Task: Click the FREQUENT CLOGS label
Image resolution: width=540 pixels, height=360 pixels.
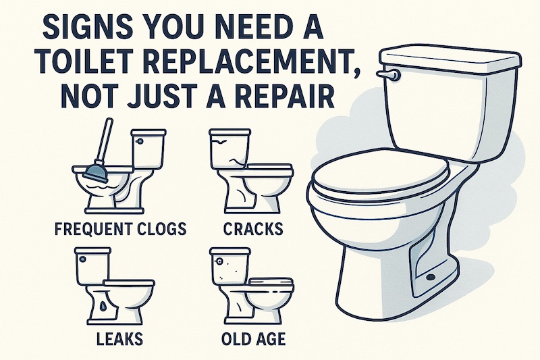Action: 120,228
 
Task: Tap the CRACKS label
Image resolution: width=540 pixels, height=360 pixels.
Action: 253,229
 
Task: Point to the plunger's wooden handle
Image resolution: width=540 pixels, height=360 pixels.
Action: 103,141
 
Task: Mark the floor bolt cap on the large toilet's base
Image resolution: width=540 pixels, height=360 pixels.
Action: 430,277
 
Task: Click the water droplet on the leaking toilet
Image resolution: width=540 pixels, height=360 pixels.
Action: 103,305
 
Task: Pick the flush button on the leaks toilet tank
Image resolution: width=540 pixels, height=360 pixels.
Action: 82,259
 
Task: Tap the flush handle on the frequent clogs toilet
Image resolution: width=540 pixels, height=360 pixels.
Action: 140,141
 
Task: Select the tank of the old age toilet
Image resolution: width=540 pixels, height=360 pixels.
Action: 230,267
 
